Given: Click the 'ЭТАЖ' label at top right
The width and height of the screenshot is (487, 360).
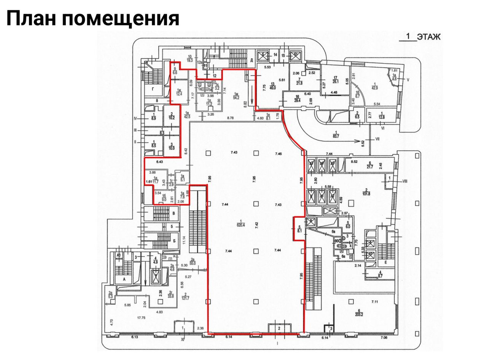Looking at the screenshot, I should click(x=428, y=37).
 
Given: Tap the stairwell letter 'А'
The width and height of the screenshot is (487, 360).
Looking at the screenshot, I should click(x=124, y=279).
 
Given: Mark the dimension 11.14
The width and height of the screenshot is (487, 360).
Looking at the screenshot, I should click(x=184, y=240).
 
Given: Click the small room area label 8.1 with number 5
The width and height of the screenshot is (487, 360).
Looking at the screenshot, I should click(x=299, y=229).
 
